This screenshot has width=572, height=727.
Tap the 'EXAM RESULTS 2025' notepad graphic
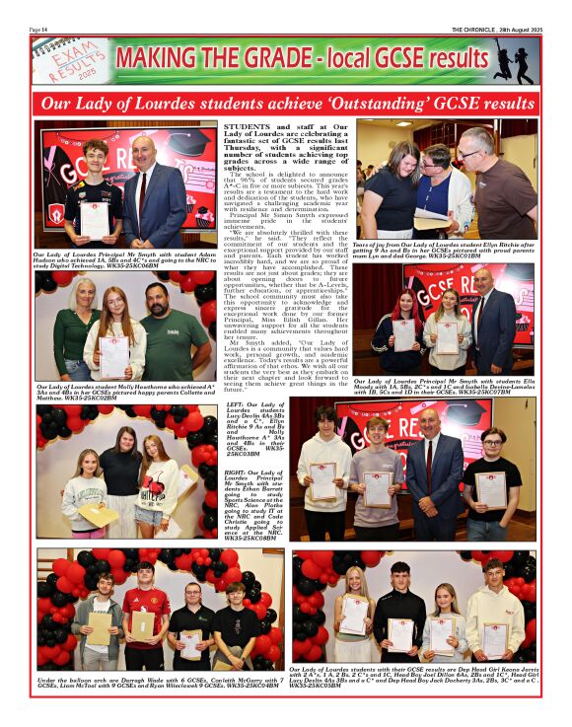70,61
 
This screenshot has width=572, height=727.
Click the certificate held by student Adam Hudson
96,214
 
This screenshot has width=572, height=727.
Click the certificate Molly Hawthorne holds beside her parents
114,351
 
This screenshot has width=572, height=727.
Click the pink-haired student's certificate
404,336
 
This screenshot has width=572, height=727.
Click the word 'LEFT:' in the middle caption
236,403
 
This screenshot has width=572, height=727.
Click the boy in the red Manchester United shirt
145,612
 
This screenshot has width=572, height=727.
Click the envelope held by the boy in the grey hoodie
101,628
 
